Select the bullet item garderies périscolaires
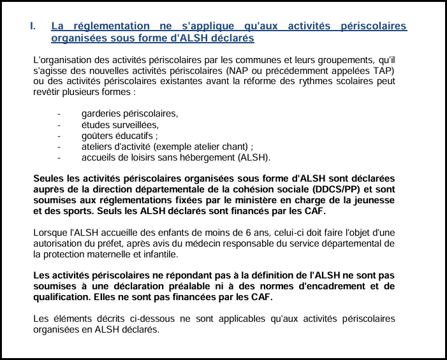pos(129,113)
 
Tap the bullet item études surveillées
pos(120,125)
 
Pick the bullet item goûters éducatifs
pos(120,136)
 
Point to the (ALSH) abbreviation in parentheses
pos(254,157)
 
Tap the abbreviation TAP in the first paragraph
pos(383,70)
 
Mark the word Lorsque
pos(50,233)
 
